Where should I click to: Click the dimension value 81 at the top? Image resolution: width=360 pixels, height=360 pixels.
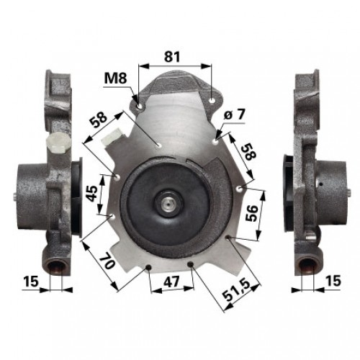coord(172,57)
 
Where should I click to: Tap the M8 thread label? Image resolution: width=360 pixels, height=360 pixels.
coord(115,78)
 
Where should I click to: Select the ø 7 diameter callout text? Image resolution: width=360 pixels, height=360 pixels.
coord(234,114)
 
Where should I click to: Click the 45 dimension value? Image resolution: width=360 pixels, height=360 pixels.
coord(92,194)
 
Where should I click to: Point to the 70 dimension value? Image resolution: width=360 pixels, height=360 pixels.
coord(107,262)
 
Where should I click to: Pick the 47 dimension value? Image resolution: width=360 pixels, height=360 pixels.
coord(171,282)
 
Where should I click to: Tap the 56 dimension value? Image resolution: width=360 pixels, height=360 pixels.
coord(252,213)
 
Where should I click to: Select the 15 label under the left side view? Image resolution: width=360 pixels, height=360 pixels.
coord(31,281)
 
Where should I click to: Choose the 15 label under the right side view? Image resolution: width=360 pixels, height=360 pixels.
coord(333,281)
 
